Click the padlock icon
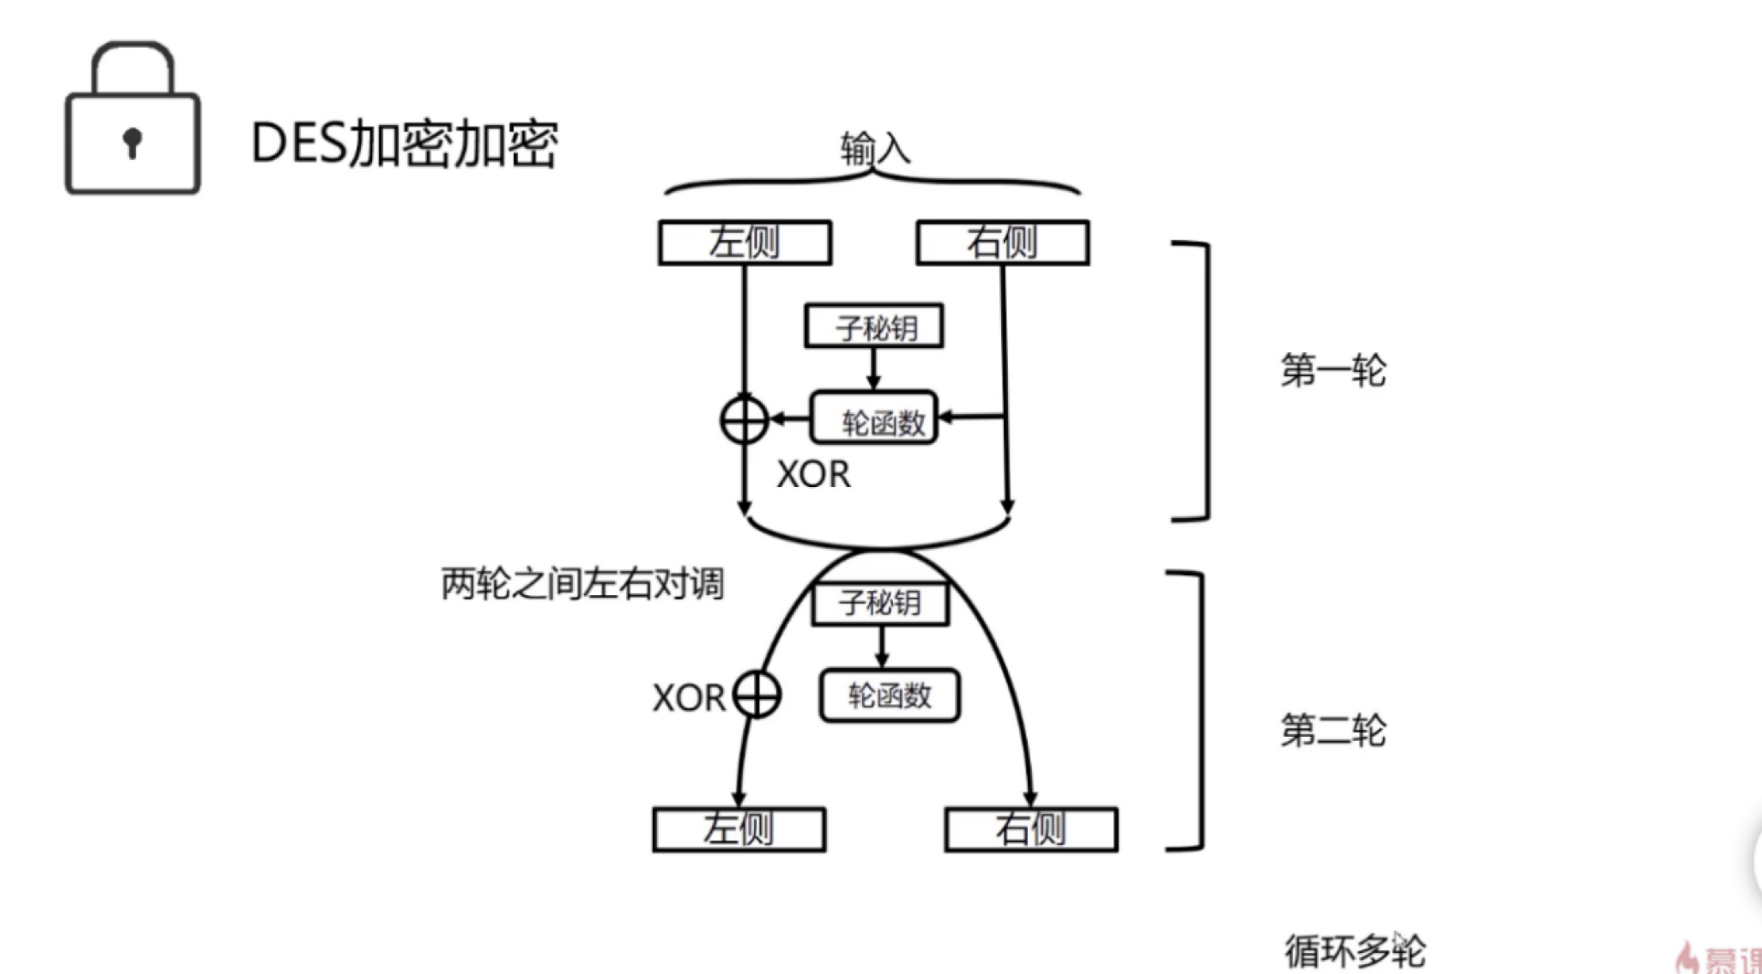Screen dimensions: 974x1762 (133, 120)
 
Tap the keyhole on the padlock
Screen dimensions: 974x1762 (132, 142)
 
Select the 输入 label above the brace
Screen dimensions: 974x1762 (875, 148)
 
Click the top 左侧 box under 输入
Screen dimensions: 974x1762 (745, 242)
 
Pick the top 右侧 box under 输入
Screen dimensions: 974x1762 (1003, 242)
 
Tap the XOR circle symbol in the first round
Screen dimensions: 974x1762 (744, 419)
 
